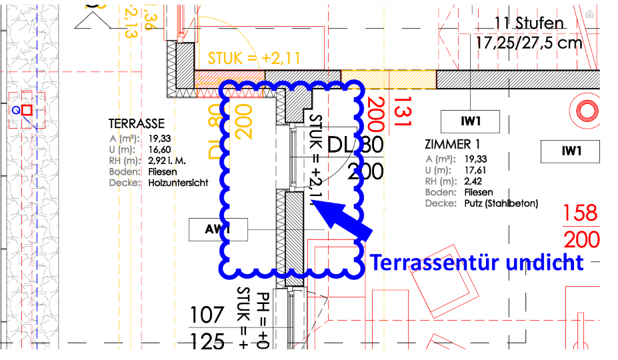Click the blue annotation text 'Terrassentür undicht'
(x=477, y=262)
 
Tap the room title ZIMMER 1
(x=452, y=145)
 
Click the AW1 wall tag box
(x=218, y=230)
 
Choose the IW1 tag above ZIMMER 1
(x=471, y=121)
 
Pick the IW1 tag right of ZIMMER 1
(x=571, y=151)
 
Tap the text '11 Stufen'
(x=529, y=23)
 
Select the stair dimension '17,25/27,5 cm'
(x=529, y=43)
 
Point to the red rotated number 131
(x=403, y=111)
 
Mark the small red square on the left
(x=27, y=110)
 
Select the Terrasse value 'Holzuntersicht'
(x=178, y=182)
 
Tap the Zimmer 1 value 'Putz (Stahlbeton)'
(x=500, y=203)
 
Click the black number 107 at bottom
(x=207, y=315)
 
